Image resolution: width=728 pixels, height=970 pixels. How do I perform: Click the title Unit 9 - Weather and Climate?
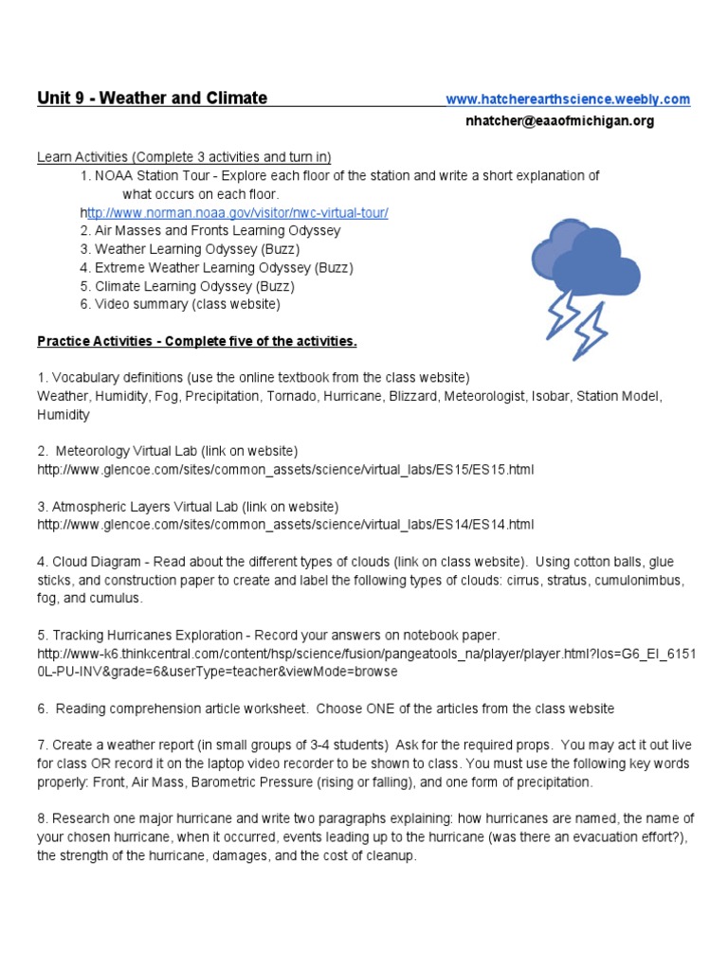tap(152, 99)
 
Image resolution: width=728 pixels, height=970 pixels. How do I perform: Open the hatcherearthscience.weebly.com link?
tap(567, 99)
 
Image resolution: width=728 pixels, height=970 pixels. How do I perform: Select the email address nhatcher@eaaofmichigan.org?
tap(559, 121)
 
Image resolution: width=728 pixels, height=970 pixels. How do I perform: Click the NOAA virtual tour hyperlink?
tap(237, 213)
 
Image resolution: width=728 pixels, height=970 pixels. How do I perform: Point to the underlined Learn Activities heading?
tap(184, 157)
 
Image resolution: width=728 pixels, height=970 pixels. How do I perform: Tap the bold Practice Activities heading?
tap(196, 341)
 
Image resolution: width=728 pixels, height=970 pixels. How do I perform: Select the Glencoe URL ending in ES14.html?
tap(285, 525)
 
